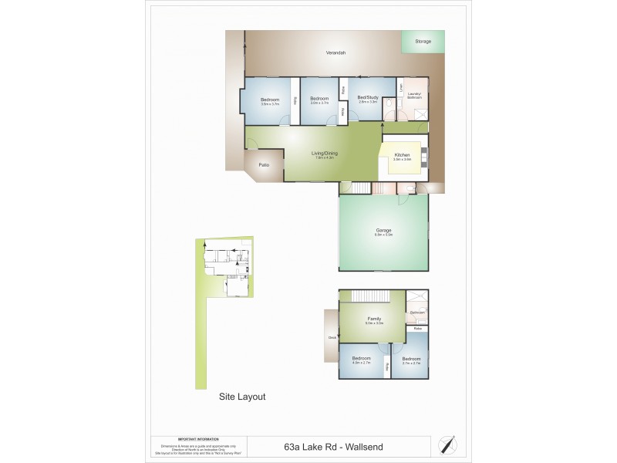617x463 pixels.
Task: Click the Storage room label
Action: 423,41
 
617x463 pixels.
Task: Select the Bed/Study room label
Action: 367,97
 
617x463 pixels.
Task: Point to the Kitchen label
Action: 403,156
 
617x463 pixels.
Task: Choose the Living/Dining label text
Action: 324,153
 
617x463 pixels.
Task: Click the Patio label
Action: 264,164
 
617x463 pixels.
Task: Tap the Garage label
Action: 383,230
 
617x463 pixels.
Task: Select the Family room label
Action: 374,319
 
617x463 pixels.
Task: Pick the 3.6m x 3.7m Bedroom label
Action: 269,100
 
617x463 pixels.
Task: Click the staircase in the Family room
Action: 373,296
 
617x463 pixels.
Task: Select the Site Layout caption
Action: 242,397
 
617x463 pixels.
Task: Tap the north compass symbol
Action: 447,445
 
